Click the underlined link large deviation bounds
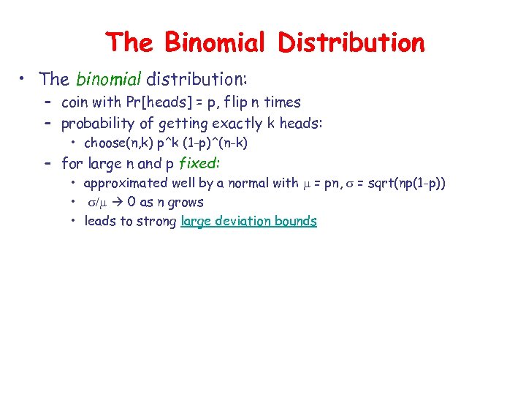click(x=248, y=222)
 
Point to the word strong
click(x=157, y=222)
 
